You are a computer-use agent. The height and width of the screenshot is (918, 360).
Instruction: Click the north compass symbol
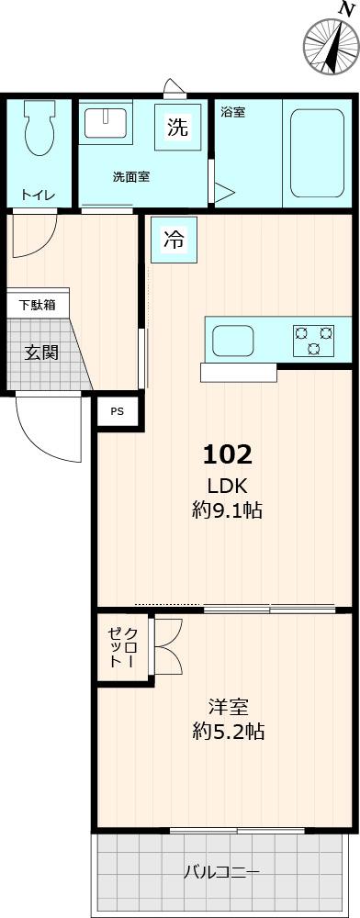pos(330,44)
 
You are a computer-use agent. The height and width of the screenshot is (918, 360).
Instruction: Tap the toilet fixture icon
pos(39,130)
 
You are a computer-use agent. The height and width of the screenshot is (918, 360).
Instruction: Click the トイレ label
pos(39,195)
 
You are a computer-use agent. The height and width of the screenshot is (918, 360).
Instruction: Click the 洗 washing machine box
pos(177,128)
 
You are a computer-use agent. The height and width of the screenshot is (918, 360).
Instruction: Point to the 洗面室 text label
pos(131,176)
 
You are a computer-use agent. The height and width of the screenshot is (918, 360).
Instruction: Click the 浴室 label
pos(232,113)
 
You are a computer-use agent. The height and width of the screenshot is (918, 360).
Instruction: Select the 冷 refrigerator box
pos(174,241)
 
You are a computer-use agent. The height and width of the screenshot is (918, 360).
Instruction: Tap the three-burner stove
pos(314,340)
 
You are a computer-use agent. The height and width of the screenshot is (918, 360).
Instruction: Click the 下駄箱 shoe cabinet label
pos(38,305)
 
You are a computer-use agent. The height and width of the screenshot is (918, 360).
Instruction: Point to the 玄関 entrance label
pos(42,353)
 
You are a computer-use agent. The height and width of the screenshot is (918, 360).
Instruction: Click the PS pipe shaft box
pos(117,411)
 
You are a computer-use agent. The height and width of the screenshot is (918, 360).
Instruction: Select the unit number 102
pos(227,453)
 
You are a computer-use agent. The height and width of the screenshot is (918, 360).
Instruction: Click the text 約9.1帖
pos(227,510)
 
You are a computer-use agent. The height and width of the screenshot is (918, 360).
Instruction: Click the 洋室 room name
pos(229,707)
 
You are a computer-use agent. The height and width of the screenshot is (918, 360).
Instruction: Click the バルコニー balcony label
pos(221,871)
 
